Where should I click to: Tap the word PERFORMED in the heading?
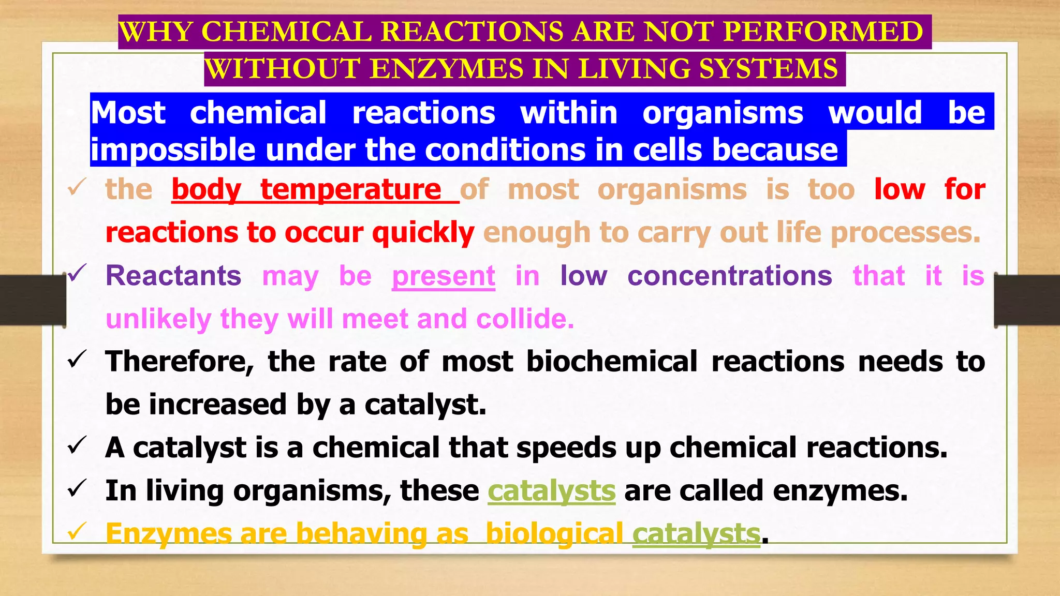(823, 32)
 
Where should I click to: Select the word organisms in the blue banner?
(723, 113)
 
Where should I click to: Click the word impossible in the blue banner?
(173, 150)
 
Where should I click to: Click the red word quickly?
(423, 232)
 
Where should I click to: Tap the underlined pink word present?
(443, 276)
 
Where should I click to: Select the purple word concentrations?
(730, 276)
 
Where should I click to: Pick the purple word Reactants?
(173, 276)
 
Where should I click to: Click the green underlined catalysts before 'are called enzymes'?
(551, 491)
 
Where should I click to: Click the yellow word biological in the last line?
(554, 534)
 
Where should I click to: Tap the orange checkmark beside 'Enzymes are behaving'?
(77, 531)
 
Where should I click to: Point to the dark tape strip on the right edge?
(1027, 300)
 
